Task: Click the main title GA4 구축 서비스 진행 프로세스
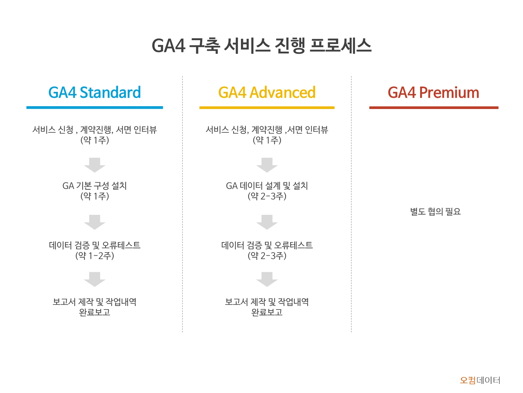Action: (261, 46)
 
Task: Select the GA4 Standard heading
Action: (94, 92)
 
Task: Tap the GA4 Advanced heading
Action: (267, 92)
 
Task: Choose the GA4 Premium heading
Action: (433, 92)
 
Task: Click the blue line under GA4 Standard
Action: (94, 108)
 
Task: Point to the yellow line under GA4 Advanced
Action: (267, 108)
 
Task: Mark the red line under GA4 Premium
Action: (434, 108)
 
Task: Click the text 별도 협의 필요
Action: (435, 211)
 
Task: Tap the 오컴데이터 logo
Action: (480, 380)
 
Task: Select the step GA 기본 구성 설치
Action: (94, 185)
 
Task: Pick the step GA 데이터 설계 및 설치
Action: (267, 185)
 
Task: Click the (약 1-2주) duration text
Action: (94, 256)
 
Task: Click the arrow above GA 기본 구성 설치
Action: (94, 165)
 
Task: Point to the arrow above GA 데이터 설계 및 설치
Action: (267, 165)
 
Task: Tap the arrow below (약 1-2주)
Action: (94, 279)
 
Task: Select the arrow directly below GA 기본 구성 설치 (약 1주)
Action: (94, 222)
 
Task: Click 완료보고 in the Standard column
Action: (94, 312)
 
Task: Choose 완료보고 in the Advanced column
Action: (267, 312)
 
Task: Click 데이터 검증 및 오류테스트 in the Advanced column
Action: (267, 245)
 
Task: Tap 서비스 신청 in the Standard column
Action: (53, 130)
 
